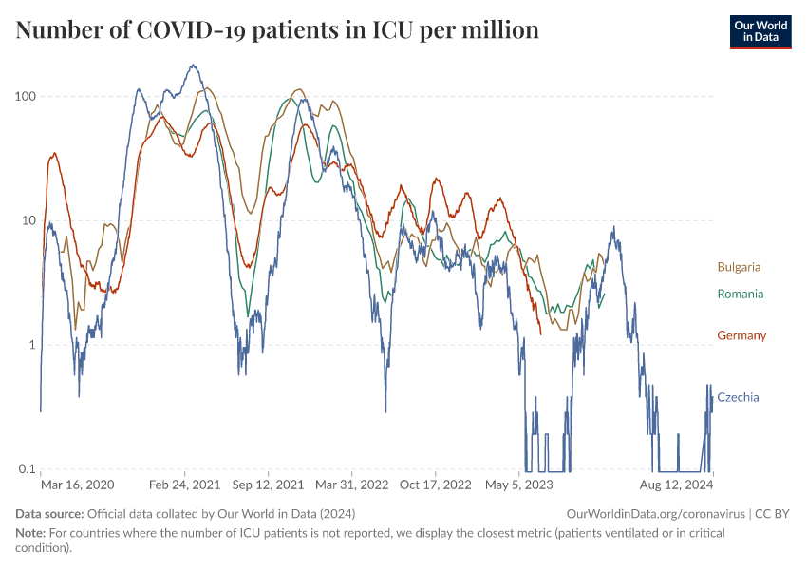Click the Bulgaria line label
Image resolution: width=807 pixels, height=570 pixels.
[739, 267]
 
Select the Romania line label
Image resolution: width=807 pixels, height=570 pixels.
[740, 294]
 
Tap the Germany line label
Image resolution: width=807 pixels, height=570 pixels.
[741, 335]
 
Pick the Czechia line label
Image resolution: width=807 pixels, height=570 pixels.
[738, 397]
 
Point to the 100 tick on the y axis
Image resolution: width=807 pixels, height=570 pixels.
[25, 97]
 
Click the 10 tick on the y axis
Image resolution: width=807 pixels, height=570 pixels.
[28, 220]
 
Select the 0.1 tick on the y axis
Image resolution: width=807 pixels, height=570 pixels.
[27, 469]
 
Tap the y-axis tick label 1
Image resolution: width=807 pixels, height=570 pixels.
[31, 345]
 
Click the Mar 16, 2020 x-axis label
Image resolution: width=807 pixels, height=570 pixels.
[78, 484]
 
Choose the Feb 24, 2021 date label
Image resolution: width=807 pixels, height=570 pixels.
[185, 484]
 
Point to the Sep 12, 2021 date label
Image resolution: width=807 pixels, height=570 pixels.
[269, 484]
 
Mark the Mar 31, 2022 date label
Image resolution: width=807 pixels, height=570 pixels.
[352, 484]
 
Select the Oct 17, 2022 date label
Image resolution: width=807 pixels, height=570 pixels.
[435, 484]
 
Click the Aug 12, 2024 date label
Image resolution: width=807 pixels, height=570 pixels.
[676, 484]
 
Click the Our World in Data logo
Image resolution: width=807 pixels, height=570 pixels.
[760, 30]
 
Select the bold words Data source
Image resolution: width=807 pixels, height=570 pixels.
[48, 513]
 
